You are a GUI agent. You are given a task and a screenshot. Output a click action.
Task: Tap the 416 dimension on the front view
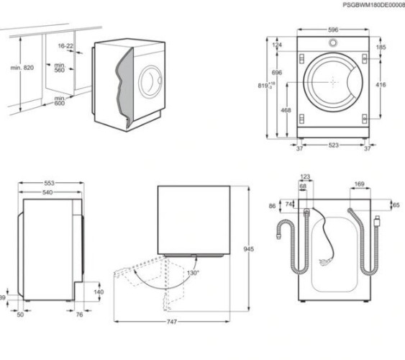point(381,85)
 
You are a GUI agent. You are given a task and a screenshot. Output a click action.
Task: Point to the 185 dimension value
point(381,48)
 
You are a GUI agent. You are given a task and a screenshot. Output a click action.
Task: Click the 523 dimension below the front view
point(333,145)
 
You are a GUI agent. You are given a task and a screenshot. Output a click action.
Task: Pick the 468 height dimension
point(286,110)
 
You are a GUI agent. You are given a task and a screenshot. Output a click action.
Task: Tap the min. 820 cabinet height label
point(22,67)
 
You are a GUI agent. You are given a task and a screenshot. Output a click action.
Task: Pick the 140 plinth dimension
point(99,292)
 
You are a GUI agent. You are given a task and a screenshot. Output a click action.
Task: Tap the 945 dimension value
point(249,249)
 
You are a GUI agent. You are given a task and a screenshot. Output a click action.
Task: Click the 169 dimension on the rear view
point(359,184)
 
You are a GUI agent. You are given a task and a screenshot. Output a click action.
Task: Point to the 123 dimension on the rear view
point(304,176)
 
